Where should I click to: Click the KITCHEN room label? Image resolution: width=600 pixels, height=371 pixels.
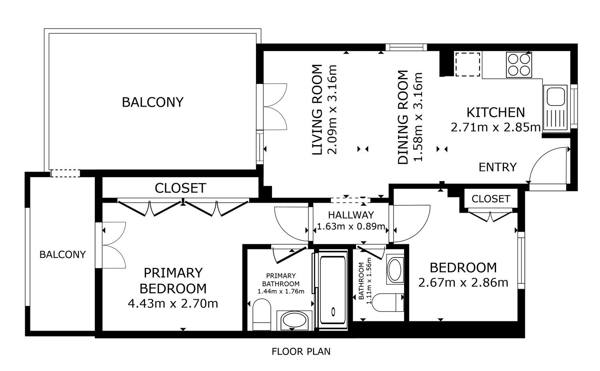click(496, 112)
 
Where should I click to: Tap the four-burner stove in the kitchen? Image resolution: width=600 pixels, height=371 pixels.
click(519, 65)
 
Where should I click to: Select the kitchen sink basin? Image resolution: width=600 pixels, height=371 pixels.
click(556, 97)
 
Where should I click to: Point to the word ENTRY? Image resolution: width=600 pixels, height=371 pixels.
click(498, 167)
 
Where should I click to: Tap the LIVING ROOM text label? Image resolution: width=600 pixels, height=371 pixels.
click(317, 110)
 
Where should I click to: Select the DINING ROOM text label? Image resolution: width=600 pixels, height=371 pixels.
click(403, 117)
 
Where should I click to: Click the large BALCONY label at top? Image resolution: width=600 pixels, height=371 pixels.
click(153, 102)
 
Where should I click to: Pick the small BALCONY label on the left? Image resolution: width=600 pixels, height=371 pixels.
click(62, 254)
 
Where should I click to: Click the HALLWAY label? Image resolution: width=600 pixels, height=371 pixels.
click(351, 215)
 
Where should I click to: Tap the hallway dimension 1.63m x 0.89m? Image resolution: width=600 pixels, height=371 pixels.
click(351, 226)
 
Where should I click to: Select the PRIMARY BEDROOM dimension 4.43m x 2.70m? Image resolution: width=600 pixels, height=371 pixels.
click(173, 303)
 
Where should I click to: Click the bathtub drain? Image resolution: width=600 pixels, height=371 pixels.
click(333, 311)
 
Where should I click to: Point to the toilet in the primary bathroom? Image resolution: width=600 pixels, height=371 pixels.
click(262, 315)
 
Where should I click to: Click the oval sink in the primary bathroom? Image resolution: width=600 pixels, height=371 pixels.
click(294, 320)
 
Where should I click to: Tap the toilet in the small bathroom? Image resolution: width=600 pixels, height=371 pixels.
click(388, 303)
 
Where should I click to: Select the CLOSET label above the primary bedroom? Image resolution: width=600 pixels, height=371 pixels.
click(180, 188)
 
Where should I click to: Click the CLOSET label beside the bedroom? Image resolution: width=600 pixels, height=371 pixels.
click(491, 199)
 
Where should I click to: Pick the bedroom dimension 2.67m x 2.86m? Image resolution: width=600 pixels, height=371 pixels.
click(463, 283)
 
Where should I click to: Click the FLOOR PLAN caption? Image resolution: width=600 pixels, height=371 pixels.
click(301, 351)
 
